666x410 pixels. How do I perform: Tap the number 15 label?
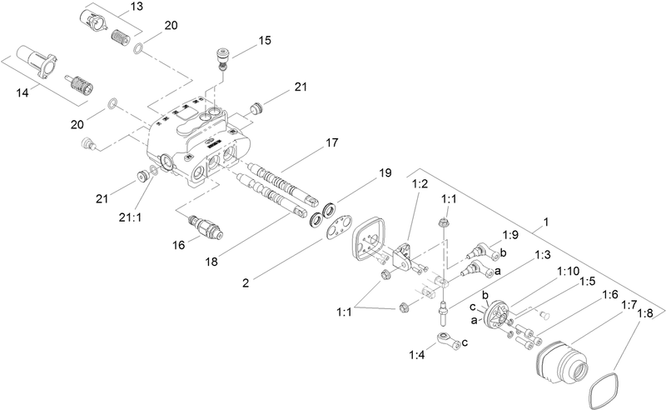coord(265,39)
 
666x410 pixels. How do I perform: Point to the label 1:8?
coord(644,313)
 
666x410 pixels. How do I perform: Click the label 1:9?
coord(510,235)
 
